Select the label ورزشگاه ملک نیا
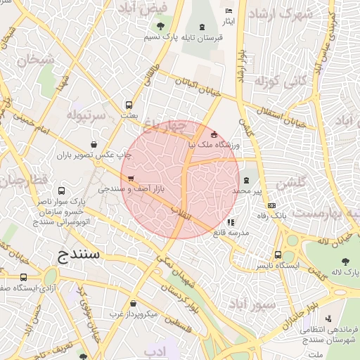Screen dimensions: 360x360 (x=214, y=145)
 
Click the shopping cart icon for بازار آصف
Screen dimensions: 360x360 (x=131, y=178)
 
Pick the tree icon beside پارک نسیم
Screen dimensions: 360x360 (x=162, y=27)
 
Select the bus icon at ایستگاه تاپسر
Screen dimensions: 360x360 (x=278, y=255)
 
